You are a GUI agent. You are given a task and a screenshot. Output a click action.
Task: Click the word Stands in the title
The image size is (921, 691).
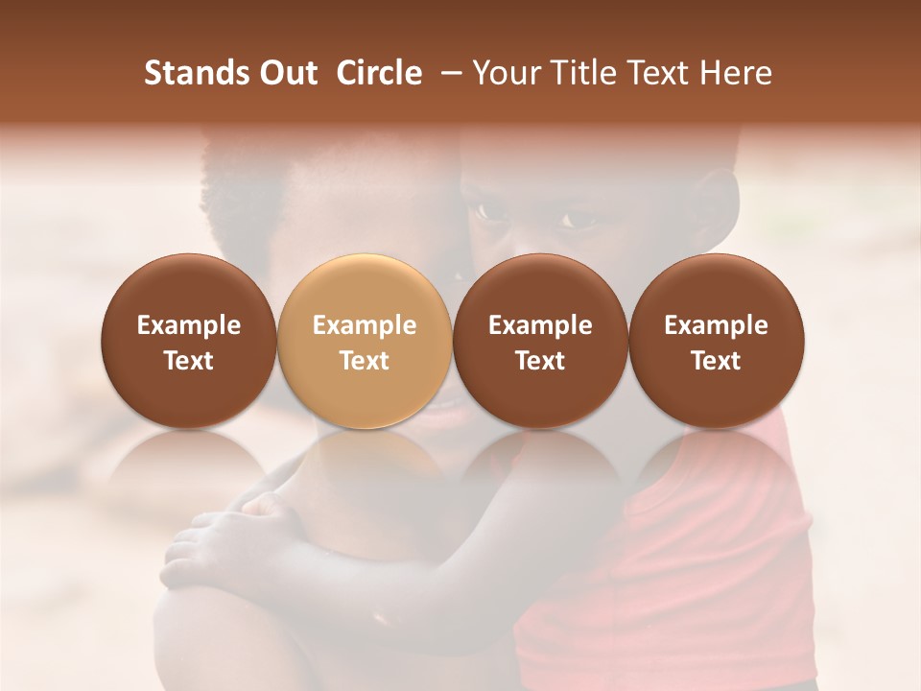[197, 73]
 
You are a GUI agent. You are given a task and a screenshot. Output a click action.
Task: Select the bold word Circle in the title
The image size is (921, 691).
[379, 73]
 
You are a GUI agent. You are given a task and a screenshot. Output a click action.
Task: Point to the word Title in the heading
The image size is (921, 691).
[579, 73]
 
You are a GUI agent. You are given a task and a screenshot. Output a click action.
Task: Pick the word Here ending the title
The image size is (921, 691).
[736, 73]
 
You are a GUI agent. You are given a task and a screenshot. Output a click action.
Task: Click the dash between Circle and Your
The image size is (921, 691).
[446, 73]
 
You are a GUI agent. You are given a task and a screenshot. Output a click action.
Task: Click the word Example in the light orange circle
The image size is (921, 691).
[365, 325]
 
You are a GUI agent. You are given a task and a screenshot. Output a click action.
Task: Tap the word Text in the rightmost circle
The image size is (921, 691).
[717, 361]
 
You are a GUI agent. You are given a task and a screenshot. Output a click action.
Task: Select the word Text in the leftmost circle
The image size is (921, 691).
[189, 361]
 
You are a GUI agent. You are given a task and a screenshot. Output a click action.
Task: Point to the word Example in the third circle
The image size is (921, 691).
[540, 325]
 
